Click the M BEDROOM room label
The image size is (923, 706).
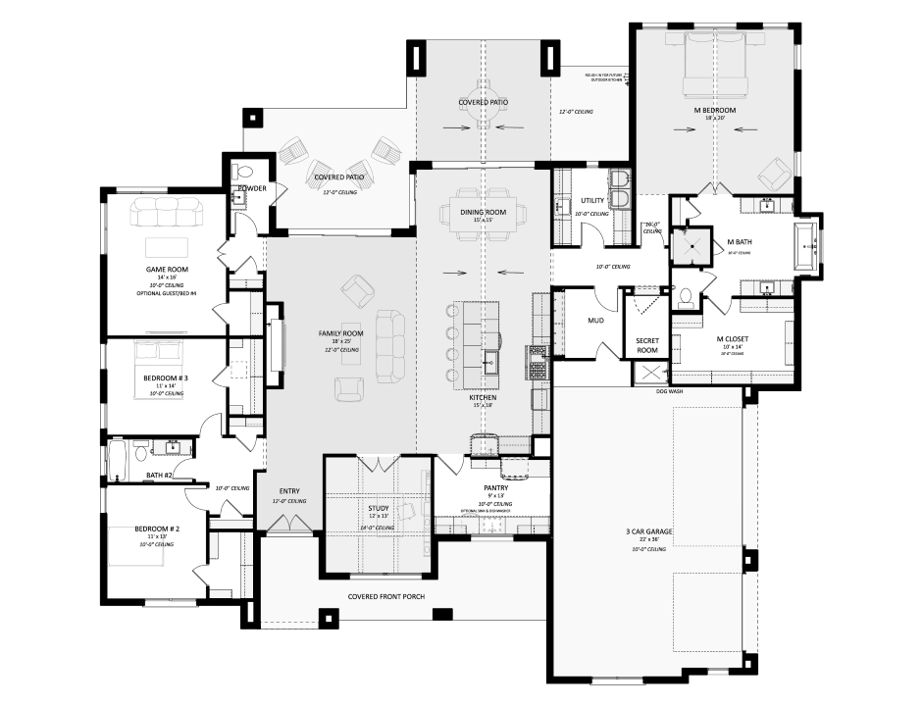(714, 110)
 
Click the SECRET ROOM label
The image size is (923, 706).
(647, 345)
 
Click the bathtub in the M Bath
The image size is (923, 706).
(806, 245)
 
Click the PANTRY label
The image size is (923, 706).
(494, 487)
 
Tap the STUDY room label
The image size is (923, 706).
(378, 508)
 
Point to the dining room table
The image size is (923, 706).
(483, 212)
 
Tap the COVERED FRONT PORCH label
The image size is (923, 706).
(386, 596)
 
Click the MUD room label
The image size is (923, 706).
(594, 321)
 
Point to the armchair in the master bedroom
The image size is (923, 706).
(774, 175)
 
